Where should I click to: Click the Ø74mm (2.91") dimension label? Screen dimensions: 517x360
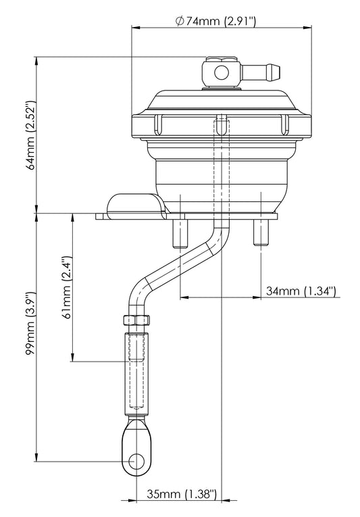pyautogui.click(x=216, y=21)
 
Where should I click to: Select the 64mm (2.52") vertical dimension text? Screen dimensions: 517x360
pyautogui.click(x=29, y=134)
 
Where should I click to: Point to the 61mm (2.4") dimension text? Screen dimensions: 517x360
pyautogui.click(x=65, y=287)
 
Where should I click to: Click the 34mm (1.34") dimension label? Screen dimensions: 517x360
pyautogui.click(x=301, y=291)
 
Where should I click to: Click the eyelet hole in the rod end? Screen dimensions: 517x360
pyautogui.click(x=136, y=462)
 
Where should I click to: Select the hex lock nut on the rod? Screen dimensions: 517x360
pyautogui.click(x=136, y=322)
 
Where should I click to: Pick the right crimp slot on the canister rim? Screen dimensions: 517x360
pyautogui.click(x=284, y=125)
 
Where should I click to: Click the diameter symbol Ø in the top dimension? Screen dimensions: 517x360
pyautogui.click(x=179, y=21)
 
